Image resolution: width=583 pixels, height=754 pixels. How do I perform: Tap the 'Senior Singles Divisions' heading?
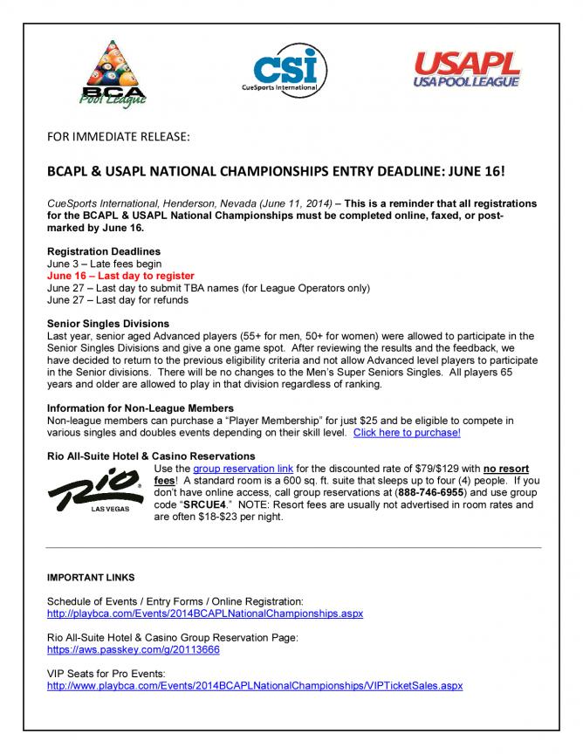point(108,324)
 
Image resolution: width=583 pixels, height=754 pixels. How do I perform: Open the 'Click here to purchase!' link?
point(407,432)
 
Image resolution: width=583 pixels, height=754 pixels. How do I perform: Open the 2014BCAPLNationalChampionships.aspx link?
point(204,613)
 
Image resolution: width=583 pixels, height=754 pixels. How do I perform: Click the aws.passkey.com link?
point(133,650)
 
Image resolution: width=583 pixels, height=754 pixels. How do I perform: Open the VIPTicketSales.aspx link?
point(255,686)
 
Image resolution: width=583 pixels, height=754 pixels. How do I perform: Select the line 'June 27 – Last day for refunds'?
point(118,299)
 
